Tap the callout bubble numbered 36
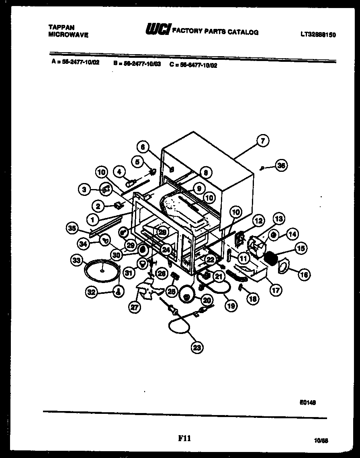(x=281, y=165)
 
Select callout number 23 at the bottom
(x=196, y=348)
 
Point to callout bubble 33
(x=77, y=261)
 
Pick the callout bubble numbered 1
(x=93, y=220)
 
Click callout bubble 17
(x=276, y=290)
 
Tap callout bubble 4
(x=119, y=171)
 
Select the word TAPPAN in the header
(x=61, y=28)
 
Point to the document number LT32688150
(x=317, y=35)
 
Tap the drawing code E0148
(x=307, y=403)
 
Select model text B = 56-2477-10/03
(x=137, y=63)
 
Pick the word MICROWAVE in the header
(x=68, y=35)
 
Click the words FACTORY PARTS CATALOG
(x=215, y=32)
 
